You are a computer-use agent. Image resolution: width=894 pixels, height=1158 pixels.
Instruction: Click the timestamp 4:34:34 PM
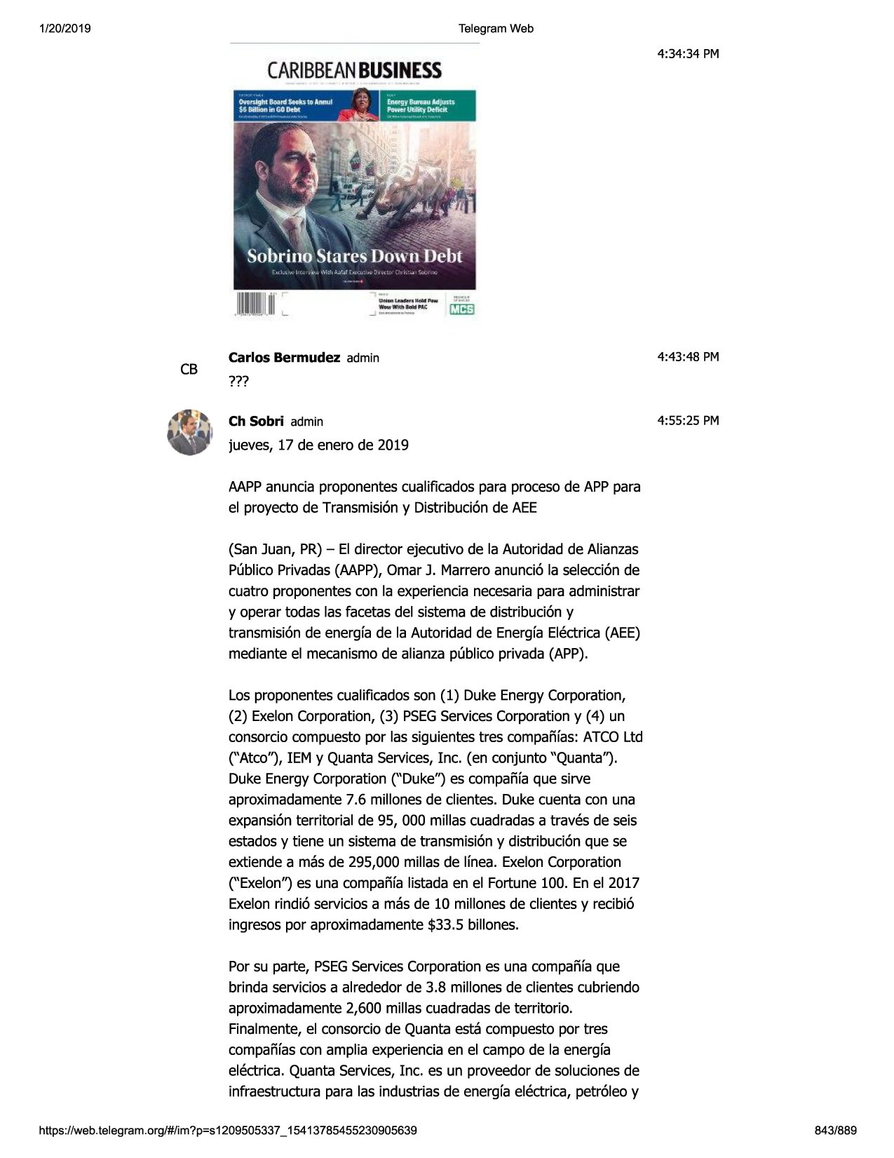coord(688,54)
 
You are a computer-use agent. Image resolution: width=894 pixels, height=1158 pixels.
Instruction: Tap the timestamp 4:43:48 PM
coord(688,357)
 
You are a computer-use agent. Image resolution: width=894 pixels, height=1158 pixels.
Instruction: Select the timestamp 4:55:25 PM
coord(688,421)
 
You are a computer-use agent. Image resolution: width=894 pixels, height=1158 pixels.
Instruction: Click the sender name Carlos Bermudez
coord(284,358)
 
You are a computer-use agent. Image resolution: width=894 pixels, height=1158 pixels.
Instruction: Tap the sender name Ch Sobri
coord(256,422)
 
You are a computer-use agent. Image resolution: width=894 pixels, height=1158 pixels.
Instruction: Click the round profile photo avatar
coord(189,432)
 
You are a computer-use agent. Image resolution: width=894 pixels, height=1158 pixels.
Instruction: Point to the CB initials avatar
coord(189,370)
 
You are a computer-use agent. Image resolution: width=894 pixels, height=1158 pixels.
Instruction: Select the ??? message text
coord(238,382)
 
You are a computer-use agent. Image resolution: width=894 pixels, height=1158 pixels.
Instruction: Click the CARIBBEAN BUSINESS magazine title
coord(354,71)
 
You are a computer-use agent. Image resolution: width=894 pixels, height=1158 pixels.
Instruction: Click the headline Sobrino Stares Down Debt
coord(354,257)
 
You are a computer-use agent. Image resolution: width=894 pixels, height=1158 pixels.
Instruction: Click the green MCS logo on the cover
coord(462,309)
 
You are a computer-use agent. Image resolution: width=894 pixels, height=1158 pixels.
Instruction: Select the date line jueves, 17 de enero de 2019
coord(318,445)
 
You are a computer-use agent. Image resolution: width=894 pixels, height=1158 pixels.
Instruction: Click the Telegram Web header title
coord(496,29)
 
